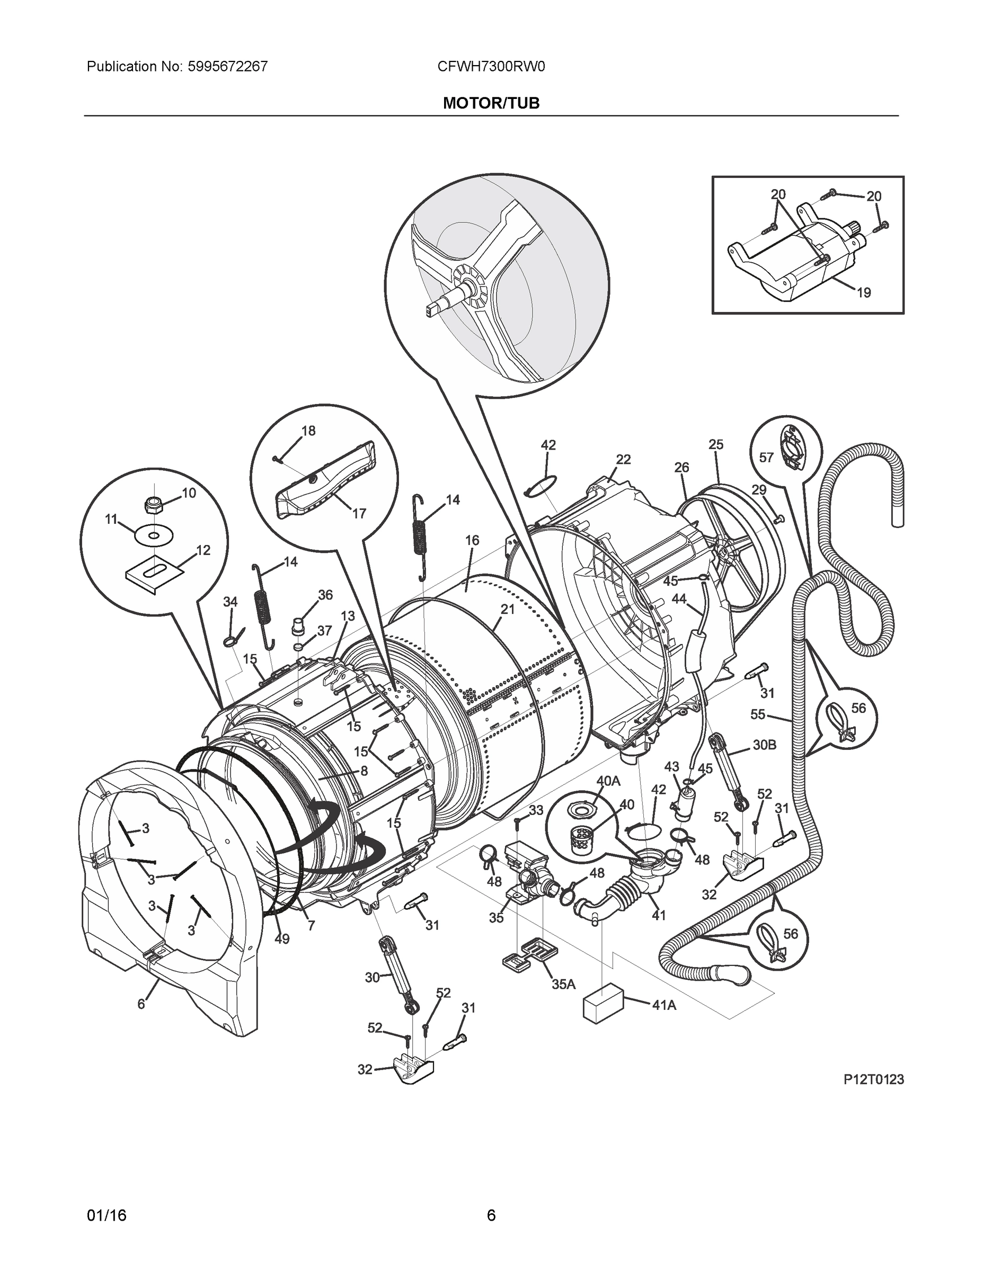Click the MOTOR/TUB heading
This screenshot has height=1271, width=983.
tap(491, 103)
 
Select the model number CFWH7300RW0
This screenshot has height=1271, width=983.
tap(491, 67)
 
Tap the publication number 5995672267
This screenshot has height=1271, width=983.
tap(228, 67)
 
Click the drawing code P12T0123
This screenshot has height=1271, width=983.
tap(873, 1079)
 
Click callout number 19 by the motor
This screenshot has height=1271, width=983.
tap(864, 293)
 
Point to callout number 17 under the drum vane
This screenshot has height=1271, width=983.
tap(359, 513)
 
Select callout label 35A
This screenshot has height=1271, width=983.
tap(563, 984)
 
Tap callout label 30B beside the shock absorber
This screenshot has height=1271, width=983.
tap(764, 745)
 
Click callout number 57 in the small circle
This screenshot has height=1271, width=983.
tap(766, 458)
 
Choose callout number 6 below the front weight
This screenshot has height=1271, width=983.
tap(141, 1004)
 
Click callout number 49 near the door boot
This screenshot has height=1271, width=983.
tap(282, 939)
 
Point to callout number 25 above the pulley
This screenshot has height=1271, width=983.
tap(716, 445)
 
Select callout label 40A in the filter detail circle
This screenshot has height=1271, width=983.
tap(608, 781)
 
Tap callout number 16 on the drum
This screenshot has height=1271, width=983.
tap(472, 540)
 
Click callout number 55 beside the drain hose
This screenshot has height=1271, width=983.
tap(758, 714)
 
